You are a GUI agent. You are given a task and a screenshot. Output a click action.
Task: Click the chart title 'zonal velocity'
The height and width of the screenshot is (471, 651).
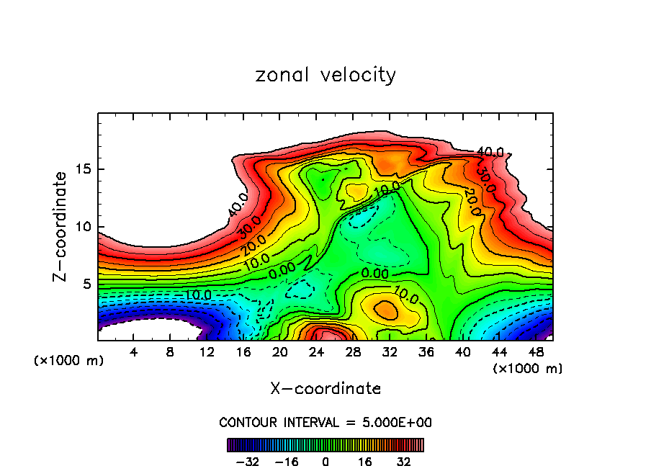coord(325,75)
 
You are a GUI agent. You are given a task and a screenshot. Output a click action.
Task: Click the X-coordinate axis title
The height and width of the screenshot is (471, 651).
coord(325,389)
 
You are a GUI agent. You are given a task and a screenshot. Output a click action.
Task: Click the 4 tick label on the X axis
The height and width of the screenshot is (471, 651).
coord(133,352)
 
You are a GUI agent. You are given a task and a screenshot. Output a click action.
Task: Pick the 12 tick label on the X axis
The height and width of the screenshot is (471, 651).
coord(207,352)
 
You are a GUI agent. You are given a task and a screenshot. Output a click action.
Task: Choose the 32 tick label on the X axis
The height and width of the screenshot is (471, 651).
coord(390,352)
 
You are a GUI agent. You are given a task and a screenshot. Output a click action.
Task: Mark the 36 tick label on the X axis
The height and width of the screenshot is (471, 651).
coord(426,352)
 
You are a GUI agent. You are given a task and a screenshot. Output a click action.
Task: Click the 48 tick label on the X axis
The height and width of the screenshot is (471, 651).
coord(536,352)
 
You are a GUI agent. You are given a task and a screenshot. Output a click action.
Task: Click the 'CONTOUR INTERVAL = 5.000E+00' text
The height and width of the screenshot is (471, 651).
coord(325,422)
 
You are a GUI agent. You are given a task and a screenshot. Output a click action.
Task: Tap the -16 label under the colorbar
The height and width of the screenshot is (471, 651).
coord(287,460)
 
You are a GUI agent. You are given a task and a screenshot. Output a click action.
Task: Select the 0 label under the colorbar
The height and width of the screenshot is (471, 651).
coord(325,460)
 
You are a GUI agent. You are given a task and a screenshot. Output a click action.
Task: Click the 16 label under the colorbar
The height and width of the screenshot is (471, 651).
coord(364,460)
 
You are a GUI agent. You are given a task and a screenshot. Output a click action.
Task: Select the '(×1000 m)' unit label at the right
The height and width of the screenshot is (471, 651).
coord(528,369)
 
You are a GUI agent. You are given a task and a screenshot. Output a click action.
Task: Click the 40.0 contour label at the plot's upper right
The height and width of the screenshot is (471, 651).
coord(490,152)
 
